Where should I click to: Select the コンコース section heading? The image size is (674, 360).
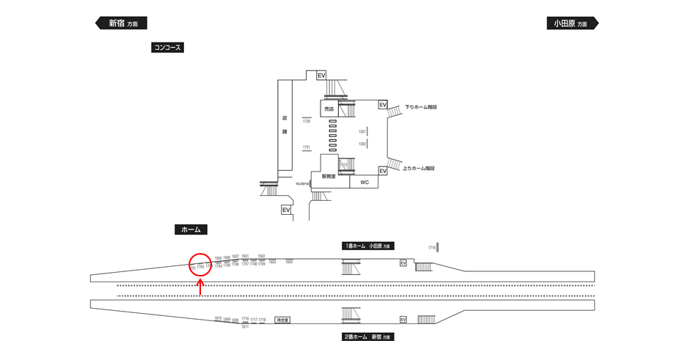(166, 48)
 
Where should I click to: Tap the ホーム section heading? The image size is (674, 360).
(191, 229)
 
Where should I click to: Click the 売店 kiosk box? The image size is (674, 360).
(329, 109)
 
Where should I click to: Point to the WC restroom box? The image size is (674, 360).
(365, 182)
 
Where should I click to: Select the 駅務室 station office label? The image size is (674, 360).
(329, 177)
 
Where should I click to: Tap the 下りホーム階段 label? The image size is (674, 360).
(420, 108)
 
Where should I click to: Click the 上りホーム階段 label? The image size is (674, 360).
(420, 169)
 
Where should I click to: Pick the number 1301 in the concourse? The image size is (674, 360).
(362, 131)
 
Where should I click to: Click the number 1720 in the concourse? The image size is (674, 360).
(307, 122)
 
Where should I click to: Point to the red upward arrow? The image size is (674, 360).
(200, 286)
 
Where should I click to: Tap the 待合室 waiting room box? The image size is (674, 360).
(283, 320)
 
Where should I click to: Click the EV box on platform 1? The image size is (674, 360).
(403, 263)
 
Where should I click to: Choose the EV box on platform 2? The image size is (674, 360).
(403, 320)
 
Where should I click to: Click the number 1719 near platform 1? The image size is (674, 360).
(432, 249)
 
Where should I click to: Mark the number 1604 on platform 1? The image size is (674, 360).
(289, 262)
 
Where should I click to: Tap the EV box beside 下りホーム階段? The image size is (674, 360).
(383, 106)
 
